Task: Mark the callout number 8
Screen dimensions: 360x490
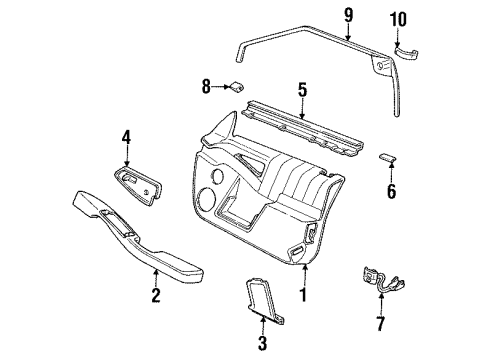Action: click(x=205, y=87)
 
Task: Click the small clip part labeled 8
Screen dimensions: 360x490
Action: click(x=241, y=88)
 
